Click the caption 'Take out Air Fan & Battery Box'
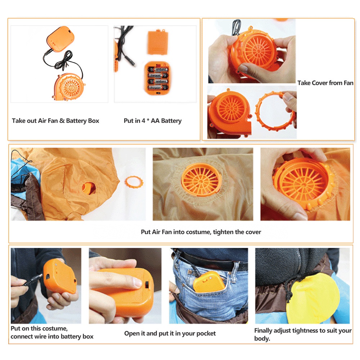point(55,121)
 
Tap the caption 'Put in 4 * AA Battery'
point(153,121)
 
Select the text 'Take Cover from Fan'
point(325,83)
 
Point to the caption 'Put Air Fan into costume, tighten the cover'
point(201,232)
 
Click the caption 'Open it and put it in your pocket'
point(170,333)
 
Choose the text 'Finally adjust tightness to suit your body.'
point(303,334)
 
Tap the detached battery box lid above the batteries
point(158,42)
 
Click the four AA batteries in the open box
point(158,78)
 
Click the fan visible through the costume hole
point(89,188)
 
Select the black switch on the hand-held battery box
point(147,284)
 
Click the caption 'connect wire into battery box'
point(52,337)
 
